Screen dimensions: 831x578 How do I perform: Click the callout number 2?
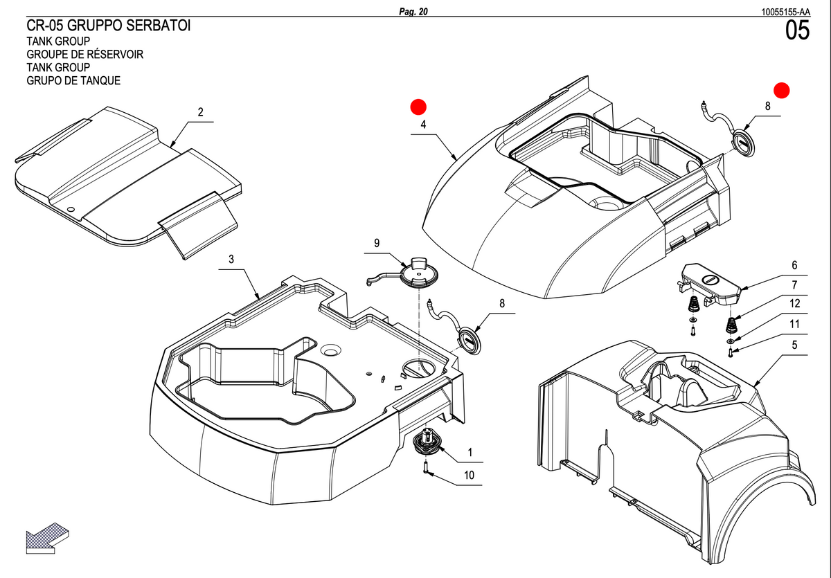pyautogui.click(x=200, y=112)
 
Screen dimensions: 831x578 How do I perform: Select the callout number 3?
pyautogui.click(x=231, y=259)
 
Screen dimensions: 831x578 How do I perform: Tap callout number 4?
pyautogui.click(x=423, y=125)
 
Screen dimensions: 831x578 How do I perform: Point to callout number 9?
pyautogui.click(x=377, y=243)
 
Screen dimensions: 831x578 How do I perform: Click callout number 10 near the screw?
pyautogui.click(x=469, y=475)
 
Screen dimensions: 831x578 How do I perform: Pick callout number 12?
pyautogui.click(x=795, y=303)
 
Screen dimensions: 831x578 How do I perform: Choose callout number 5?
pyautogui.click(x=795, y=345)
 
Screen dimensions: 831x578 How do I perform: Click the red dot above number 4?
pyautogui.click(x=418, y=107)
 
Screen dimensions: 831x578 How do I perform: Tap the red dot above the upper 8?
pyautogui.click(x=782, y=91)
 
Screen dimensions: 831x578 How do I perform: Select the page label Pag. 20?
pyautogui.click(x=413, y=12)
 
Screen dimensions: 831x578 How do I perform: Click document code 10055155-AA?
pyautogui.click(x=786, y=12)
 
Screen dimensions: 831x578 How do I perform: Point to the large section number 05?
pyautogui.click(x=797, y=30)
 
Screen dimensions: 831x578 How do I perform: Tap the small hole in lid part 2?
pyautogui.click(x=71, y=209)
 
